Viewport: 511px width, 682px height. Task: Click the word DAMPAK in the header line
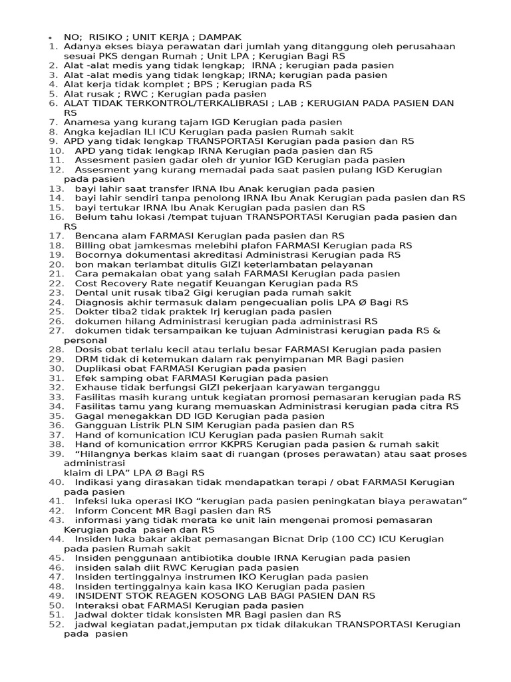[220, 36]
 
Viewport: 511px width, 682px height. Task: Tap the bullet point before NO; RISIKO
[51, 37]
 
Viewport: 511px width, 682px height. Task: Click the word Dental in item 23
[90, 292]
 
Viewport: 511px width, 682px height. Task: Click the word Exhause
[95, 387]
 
